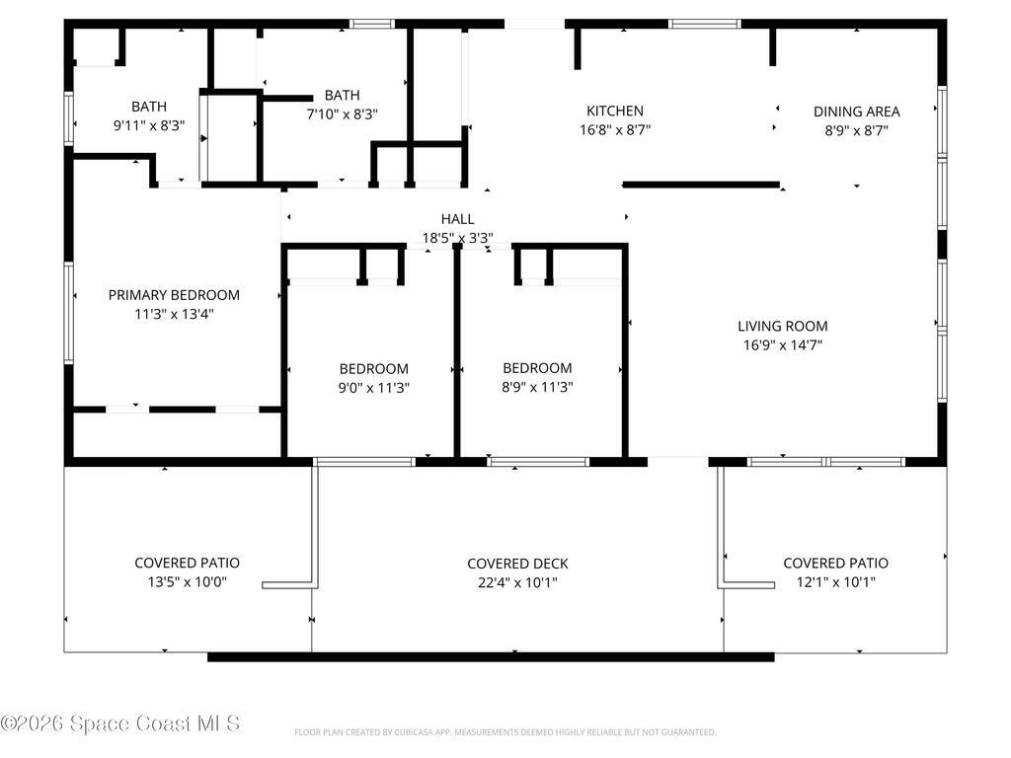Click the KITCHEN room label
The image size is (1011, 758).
[x=614, y=111]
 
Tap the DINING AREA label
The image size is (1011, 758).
[x=856, y=112]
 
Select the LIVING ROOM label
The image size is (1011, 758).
[x=782, y=326]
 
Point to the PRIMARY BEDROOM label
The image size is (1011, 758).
[x=174, y=295]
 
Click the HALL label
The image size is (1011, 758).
[x=457, y=219]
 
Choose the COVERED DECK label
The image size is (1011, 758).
[x=517, y=564]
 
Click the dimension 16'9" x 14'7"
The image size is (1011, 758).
[x=782, y=344]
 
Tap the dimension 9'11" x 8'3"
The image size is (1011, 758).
[x=149, y=125]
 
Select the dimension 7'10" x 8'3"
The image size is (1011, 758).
[x=342, y=114]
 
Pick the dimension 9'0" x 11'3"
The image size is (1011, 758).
[x=374, y=388]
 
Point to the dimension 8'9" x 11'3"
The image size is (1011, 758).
[x=537, y=387]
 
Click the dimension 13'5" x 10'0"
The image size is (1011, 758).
[x=187, y=582]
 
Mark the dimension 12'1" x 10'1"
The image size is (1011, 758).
[x=835, y=582]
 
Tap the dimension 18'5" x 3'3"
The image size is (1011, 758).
[x=457, y=238]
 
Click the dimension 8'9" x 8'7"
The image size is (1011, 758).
[x=856, y=130]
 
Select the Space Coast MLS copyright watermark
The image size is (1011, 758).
[x=120, y=723]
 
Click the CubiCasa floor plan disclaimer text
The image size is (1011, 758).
[x=505, y=732]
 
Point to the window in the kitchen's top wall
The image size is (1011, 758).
[x=704, y=25]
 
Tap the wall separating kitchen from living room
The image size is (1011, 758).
[x=701, y=185]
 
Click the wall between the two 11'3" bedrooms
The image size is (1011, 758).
[x=457, y=351]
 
